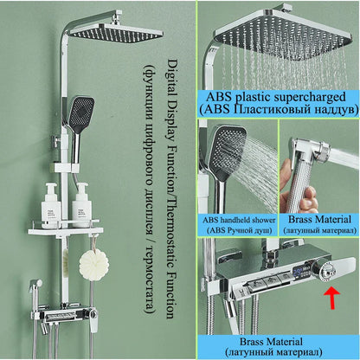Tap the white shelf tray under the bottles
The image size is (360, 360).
click(68, 232)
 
